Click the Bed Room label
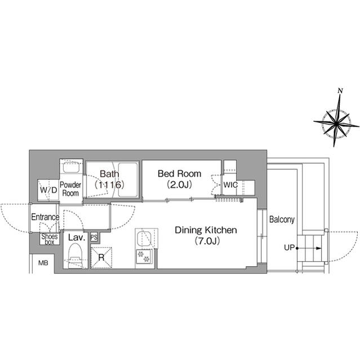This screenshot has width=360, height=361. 179,174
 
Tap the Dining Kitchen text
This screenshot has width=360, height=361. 206,230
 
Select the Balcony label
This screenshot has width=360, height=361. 282,219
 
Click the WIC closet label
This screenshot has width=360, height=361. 230,184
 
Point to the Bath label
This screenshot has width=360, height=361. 109,174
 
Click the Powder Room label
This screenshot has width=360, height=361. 70,189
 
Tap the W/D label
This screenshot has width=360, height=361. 48,190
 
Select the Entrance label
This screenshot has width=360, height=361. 45,217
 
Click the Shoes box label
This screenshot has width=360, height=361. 50,239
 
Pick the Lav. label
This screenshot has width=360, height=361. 77,237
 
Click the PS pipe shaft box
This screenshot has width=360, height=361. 94,237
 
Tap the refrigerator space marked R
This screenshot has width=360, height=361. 101,257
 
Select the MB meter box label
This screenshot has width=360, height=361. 43,263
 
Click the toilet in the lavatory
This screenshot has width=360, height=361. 75,256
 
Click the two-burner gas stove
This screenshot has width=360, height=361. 144,257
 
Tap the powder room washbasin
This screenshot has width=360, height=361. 71,168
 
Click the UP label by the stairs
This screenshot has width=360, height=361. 289,248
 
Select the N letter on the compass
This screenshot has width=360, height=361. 340,90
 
